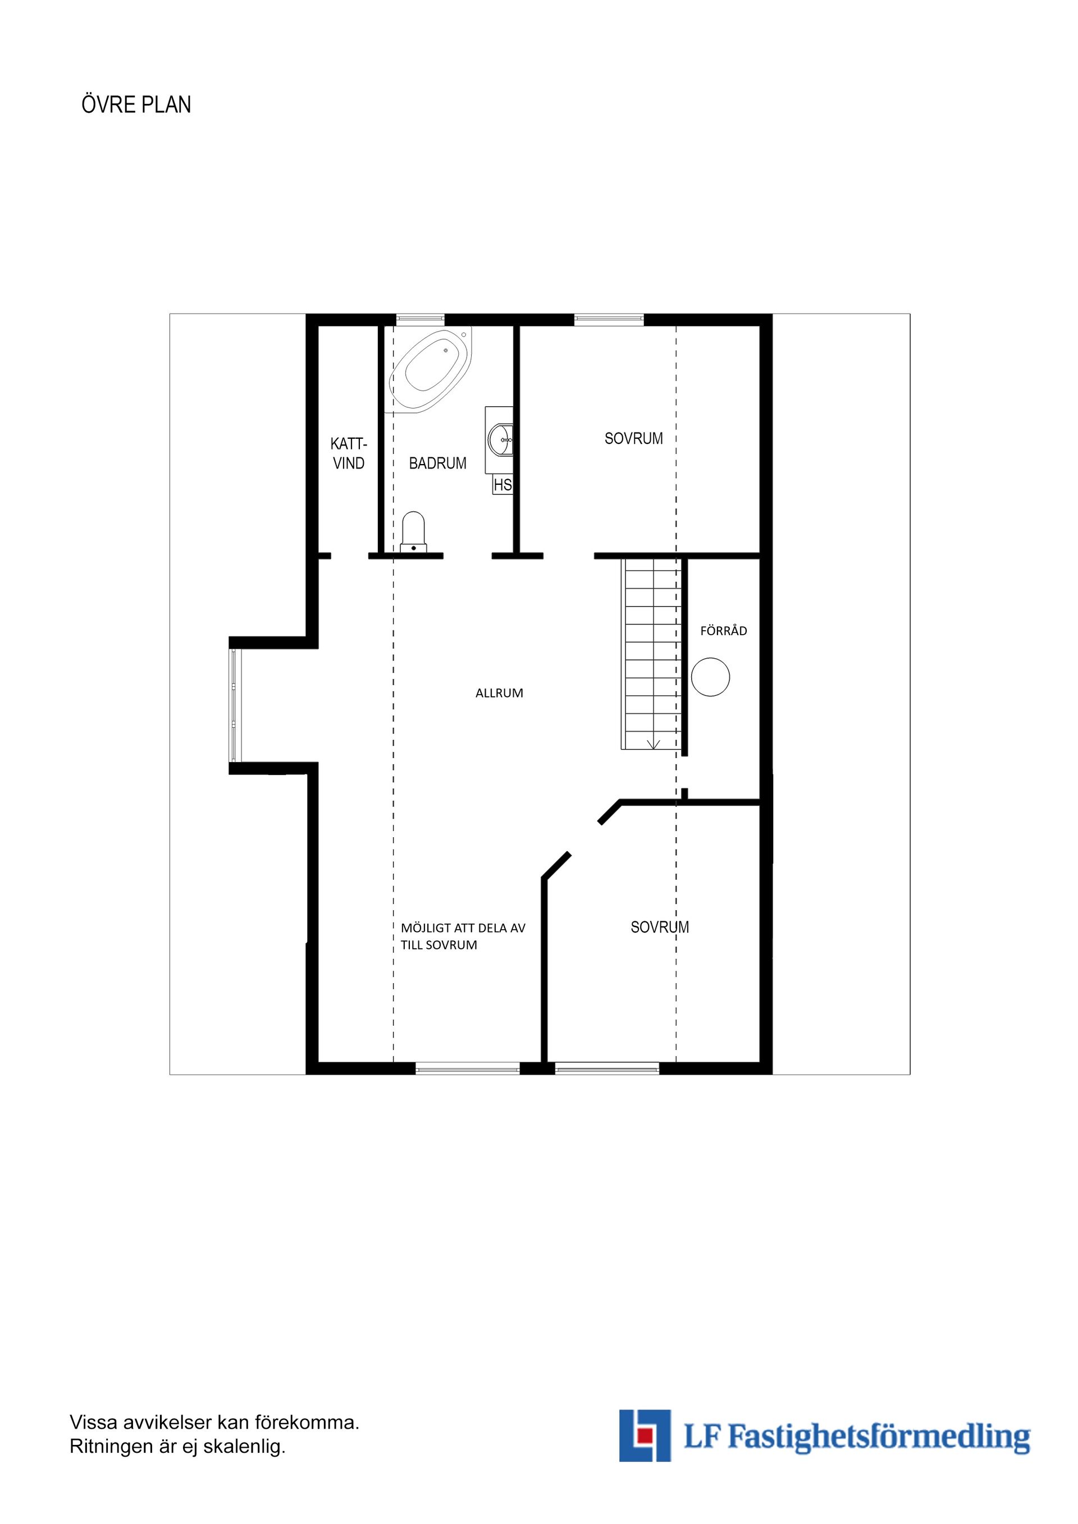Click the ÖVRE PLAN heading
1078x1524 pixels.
point(136,105)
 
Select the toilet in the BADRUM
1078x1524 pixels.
point(413,532)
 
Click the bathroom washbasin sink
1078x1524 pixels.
point(500,439)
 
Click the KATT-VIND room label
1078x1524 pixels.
point(349,453)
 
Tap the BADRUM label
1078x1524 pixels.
point(438,463)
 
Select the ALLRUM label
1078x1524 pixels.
point(500,693)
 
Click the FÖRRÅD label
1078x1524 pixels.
point(723,631)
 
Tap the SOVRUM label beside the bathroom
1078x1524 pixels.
point(634,439)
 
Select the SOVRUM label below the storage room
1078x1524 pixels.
point(660,928)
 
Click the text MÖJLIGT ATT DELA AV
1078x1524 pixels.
point(463,928)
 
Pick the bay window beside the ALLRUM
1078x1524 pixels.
point(236,705)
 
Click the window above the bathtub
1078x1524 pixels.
point(421,319)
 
